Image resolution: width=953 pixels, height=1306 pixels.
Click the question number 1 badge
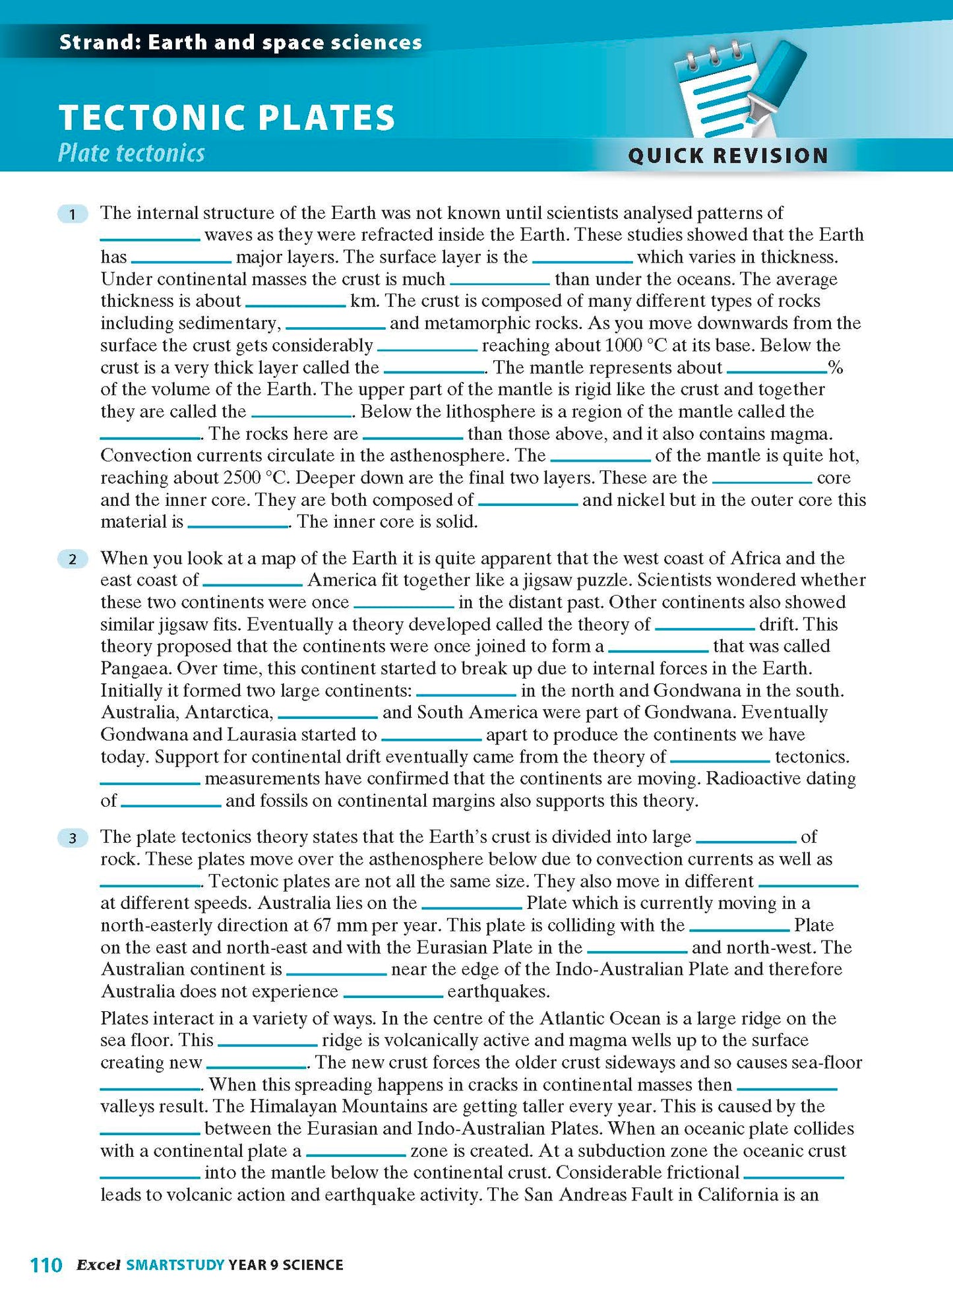tap(73, 214)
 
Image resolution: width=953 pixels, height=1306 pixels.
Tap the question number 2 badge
tap(73, 559)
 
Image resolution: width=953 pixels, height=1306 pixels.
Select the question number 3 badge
tap(73, 838)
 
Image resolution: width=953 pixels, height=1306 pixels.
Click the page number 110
tap(46, 1264)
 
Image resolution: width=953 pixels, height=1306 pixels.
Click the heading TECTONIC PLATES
tap(227, 118)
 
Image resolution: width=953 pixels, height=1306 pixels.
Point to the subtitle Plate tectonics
tap(131, 153)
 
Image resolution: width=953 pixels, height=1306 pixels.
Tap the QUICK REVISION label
tap(728, 156)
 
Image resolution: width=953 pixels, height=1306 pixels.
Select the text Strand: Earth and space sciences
tap(240, 43)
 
